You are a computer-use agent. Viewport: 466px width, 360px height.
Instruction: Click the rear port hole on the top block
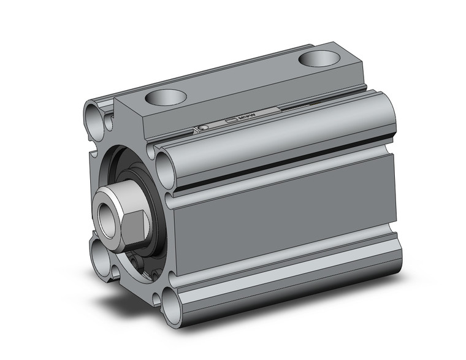[319, 59]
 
